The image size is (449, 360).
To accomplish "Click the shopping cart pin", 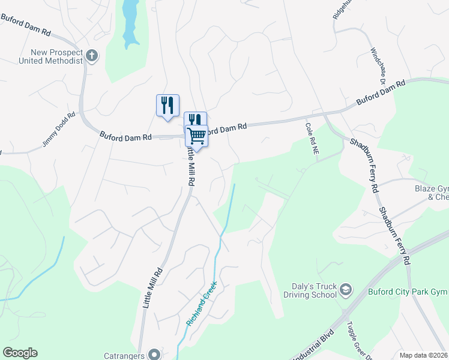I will click(x=196, y=136).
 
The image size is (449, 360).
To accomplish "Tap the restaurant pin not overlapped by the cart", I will click(x=167, y=105).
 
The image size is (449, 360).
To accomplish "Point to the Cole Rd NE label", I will click(x=311, y=139).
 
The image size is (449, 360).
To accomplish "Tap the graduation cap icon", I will click(x=346, y=291).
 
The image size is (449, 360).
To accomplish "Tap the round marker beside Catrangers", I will click(x=154, y=354).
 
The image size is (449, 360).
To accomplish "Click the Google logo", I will click(x=20, y=353).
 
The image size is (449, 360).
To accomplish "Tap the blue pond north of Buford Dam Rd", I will click(x=130, y=21).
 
